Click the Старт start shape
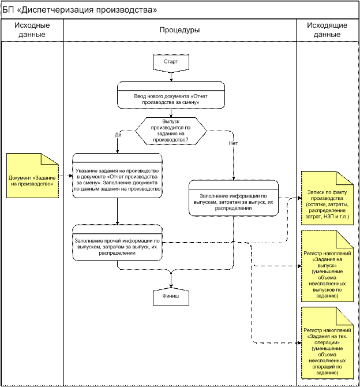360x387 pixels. pyautogui.click(x=171, y=63)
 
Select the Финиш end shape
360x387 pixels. pyautogui.click(x=171, y=297)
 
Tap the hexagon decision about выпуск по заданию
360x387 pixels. pyautogui.click(x=171, y=131)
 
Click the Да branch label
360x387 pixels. pyautogui.click(x=118, y=135)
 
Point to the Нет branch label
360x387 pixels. pyautogui.click(x=233, y=143)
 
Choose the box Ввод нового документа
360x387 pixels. pyautogui.click(x=171, y=95)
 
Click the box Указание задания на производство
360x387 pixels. pyautogui.click(x=117, y=176)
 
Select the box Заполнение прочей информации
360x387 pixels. pyautogui.click(x=117, y=243)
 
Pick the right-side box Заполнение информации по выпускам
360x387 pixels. pyautogui.click(x=234, y=198)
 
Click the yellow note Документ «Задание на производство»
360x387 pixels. pyautogui.click(x=32, y=176)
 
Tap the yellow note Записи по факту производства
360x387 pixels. pyautogui.click(x=327, y=198)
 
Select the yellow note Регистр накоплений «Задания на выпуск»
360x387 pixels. pyautogui.click(x=327, y=266)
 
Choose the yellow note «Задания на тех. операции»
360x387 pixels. pyautogui.click(x=327, y=343)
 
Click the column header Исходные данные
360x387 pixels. pyautogui.click(x=32, y=30)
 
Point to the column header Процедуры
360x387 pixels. pyautogui.click(x=179, y=30)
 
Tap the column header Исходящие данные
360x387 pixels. pyautogui.click(x=327, y=30)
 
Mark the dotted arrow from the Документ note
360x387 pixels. pyautogui.click(x=66, y=176)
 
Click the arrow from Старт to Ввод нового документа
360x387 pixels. pyautogui.click(x=171, y=77)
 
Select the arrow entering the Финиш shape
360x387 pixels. pyautogui.click(x=171, y=280)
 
